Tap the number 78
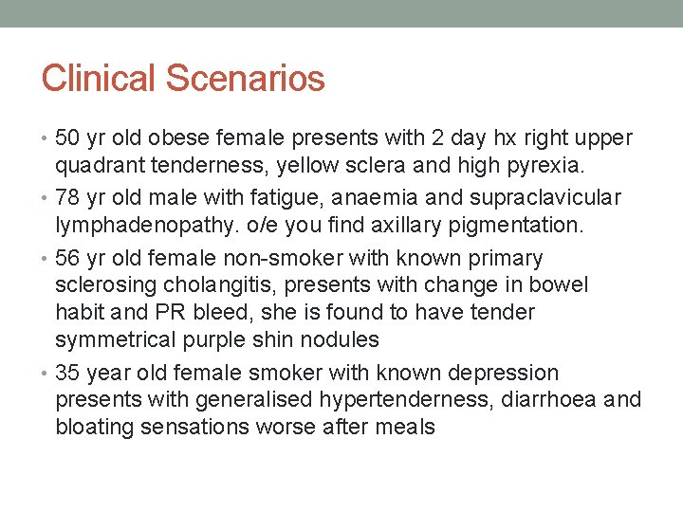point(68,197)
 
